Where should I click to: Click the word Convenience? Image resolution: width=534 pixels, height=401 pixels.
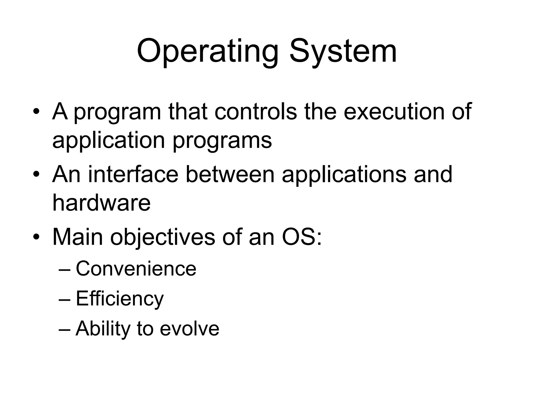point(136,269)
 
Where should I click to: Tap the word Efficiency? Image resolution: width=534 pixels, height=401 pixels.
point(120,299)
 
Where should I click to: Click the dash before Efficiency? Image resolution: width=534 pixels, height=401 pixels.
point(64,299)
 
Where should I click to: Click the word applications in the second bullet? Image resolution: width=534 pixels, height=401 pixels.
point(344,175)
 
